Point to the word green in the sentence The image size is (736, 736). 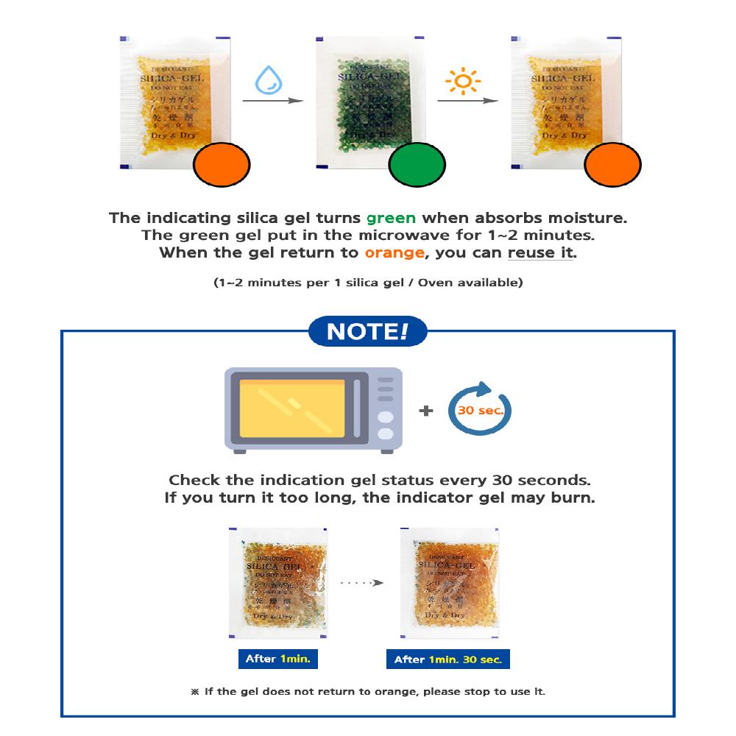(x=391, y=218)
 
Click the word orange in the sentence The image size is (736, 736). (x=394, y=252)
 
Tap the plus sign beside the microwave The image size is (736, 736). (x=426, y=411)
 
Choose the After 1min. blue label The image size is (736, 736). (x=277, y=659)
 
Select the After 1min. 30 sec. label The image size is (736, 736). (x=447, y=659)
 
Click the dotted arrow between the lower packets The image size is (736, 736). (x=362, y=582)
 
